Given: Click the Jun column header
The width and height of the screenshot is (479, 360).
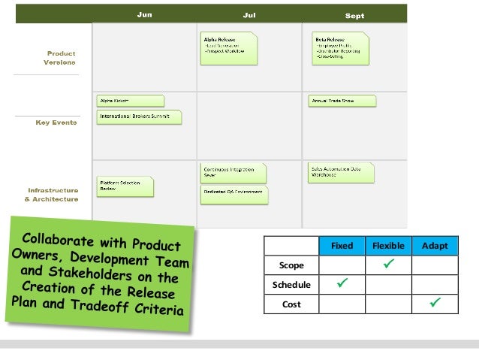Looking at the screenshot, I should pyautogui.click(x=144, y=15).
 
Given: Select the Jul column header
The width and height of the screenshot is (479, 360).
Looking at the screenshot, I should pyautogui.click(x=249, y=15).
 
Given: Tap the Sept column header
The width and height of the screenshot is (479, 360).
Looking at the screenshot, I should pyautogui.click(x=355, y=16).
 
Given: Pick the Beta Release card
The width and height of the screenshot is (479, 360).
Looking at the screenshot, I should pyautogui.click(x=340, y=47).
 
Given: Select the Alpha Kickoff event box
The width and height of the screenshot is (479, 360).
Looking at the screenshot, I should pyautogui.click(x=131, y=101).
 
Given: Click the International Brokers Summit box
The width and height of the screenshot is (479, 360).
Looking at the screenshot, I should pyautogui.click(x=140, y=116).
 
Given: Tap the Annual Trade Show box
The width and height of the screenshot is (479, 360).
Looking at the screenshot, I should pyautogui.click(x=342, y=101).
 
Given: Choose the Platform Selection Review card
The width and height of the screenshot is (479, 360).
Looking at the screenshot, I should pyautogui.click(x=125, y=186).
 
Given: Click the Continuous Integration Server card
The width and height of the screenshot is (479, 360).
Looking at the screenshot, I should pyautogui.click(x=233, y=172).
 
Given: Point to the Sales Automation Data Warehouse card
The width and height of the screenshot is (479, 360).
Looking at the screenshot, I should pyautogui.click(x=341, y=172).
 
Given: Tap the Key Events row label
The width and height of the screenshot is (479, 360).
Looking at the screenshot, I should pyautogui.click(x=56, y=123).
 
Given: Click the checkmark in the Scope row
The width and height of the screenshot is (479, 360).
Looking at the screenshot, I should pyautogui.click(x=387, y=265).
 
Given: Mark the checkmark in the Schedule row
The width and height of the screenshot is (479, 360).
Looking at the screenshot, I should pyautogui.click(x=342, y=284).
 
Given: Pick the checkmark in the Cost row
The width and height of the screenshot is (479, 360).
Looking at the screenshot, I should pyautogui.click(x=435, y=303).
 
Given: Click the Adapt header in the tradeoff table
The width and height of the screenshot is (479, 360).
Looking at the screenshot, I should pyautogui.click(x=435, y=246).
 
